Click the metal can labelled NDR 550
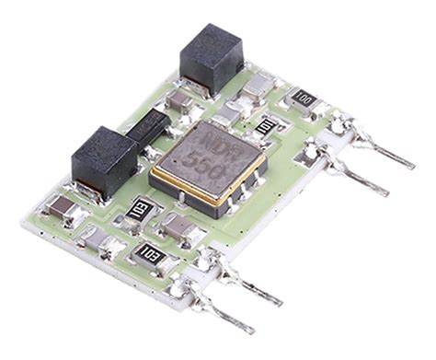coord(209,164)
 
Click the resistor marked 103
coord(148,253)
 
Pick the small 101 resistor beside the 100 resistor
coord(266,126)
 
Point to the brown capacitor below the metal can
coord(177,226)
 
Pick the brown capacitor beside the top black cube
coord(181,99)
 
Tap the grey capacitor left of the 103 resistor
coord(97,241)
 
